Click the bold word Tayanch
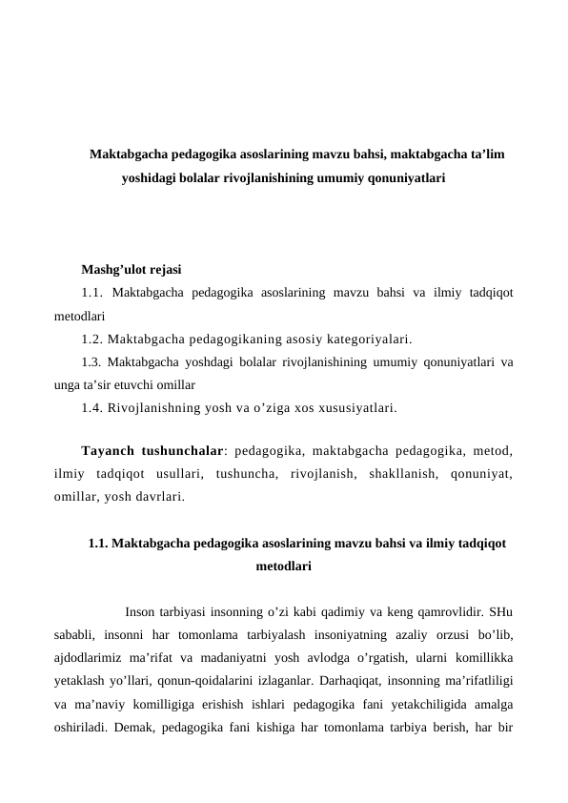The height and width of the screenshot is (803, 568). click(112, 450)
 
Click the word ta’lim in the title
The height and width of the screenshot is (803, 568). click(486, 153)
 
